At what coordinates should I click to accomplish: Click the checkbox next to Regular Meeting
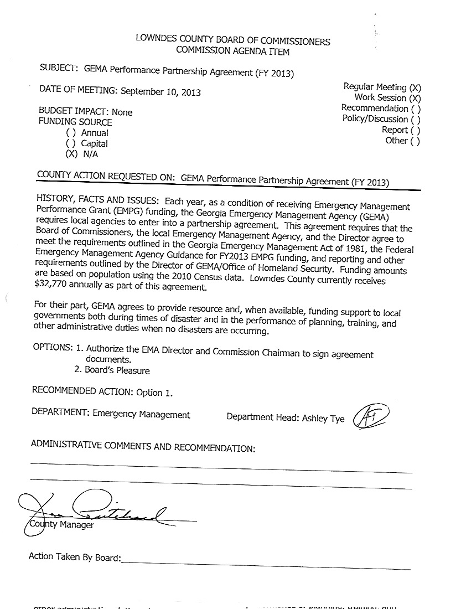(x=415, y=87)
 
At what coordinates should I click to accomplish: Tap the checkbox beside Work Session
(x=415, y=98)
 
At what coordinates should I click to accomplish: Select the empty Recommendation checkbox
(x=416, y=109)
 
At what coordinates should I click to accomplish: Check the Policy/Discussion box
(x=415, y=119)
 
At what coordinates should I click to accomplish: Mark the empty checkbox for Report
(x=416, y=130)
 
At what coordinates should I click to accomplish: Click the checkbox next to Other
(x=415, y=141)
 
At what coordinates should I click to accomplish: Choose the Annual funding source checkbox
(x=70, y=133)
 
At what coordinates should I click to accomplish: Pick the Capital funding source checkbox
(x=70, y=144)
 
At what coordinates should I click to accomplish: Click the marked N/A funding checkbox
(x=71, y=154)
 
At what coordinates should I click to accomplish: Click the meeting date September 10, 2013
(x=160, y=92)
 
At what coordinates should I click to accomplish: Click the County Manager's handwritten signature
(x=100, y=510)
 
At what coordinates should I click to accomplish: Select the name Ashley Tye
(x=323, y=419)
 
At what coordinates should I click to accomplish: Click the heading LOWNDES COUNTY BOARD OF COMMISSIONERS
(x=232, y=42)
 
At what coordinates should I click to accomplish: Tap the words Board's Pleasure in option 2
(x=117, y=370)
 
